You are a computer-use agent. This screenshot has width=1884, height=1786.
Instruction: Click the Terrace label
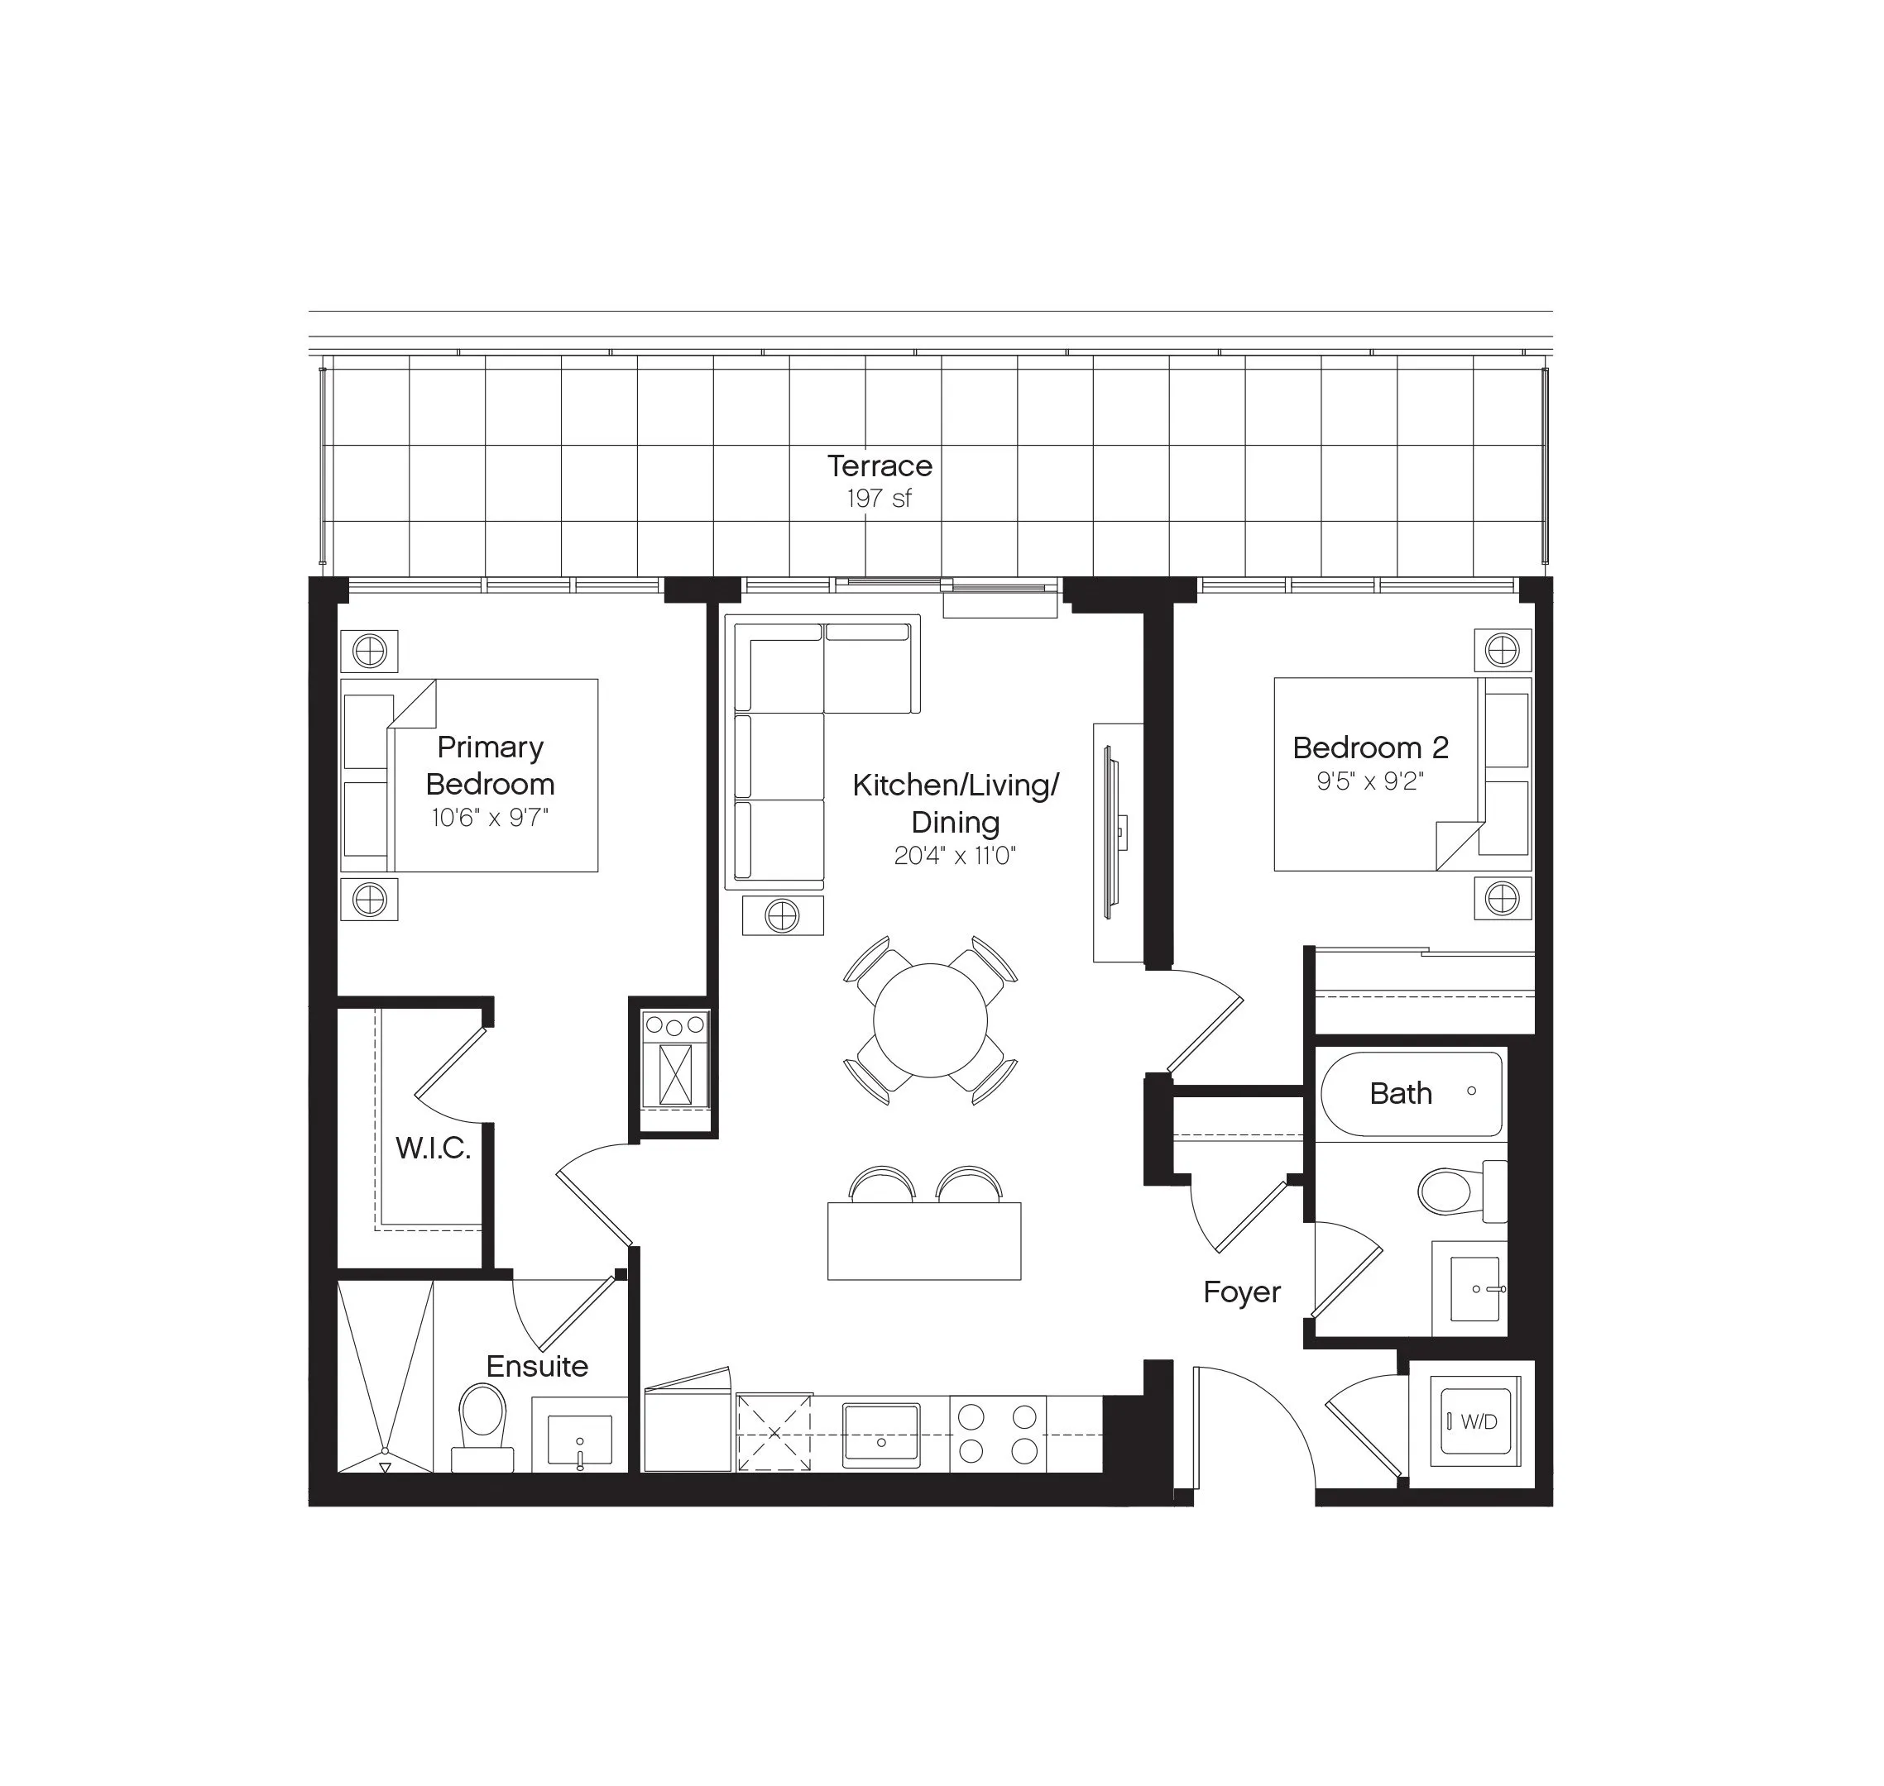tap(880, 466)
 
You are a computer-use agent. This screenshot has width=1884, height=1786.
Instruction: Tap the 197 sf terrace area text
tap(880, 498)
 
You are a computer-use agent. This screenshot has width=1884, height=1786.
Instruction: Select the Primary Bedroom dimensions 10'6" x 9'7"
tap(490, 818)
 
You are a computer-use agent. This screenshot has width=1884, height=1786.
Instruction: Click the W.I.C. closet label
tap(434, 1148)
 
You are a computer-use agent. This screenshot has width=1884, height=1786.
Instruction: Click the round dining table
tap(930, 1020)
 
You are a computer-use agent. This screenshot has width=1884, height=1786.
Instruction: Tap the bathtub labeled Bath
tap(1412, 1094)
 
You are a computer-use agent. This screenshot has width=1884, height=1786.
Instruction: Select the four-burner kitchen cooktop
tap(997, 1434)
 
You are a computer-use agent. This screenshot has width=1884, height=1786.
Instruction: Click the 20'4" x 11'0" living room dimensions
tap(954, 856)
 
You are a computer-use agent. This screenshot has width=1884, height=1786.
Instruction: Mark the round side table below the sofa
tap(782, 917)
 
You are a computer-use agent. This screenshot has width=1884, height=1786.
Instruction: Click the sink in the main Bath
tap(1474, 1288)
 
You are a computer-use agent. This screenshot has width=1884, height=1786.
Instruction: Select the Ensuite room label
tap(537, 1366)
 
